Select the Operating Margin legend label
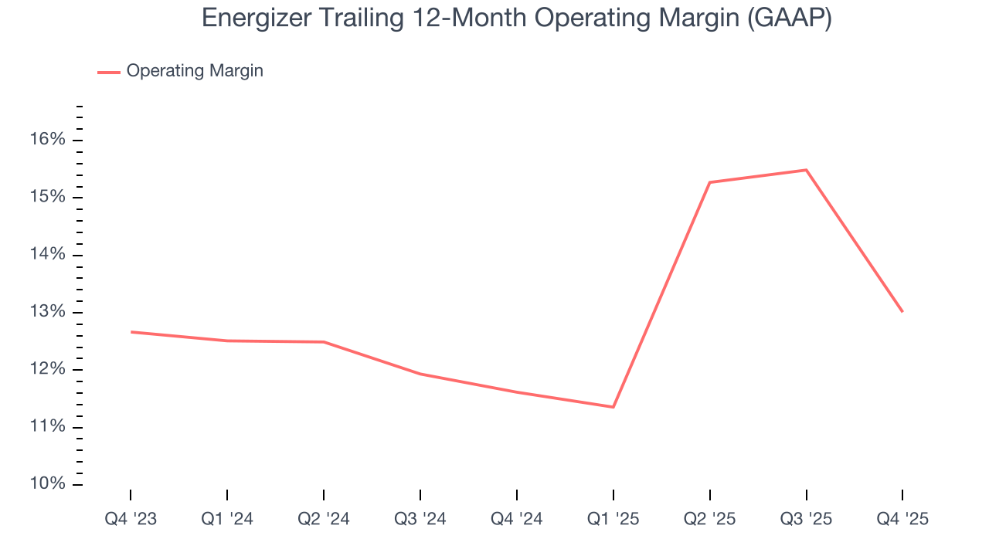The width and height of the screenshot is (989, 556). coord(195,71)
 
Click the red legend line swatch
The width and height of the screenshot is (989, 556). coord(108,72)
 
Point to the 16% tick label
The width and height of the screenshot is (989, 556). coord(48,140)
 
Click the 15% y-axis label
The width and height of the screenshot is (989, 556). coord(48,197)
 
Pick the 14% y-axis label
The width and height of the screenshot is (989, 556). coord(48,255)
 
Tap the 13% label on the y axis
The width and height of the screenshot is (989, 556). coord(48,312)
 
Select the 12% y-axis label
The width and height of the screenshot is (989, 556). coord(48,369)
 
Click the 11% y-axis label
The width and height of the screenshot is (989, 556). coord(48,427)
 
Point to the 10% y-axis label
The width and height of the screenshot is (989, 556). coord(48,484)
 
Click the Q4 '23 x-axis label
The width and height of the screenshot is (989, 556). coord(131,519)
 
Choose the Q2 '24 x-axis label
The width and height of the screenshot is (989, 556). coord(324,519)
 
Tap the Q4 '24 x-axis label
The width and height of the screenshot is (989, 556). coord(517,519)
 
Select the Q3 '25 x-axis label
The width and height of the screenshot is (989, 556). coord(806,519)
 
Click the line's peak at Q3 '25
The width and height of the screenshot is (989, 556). coord(806,170)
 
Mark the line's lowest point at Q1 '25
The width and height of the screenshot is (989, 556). coord(613,407)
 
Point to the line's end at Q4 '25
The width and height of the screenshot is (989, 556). coord(902,312)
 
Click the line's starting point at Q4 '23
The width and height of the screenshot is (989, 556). coord(131,332)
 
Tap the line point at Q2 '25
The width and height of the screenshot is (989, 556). coord(709,182)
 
